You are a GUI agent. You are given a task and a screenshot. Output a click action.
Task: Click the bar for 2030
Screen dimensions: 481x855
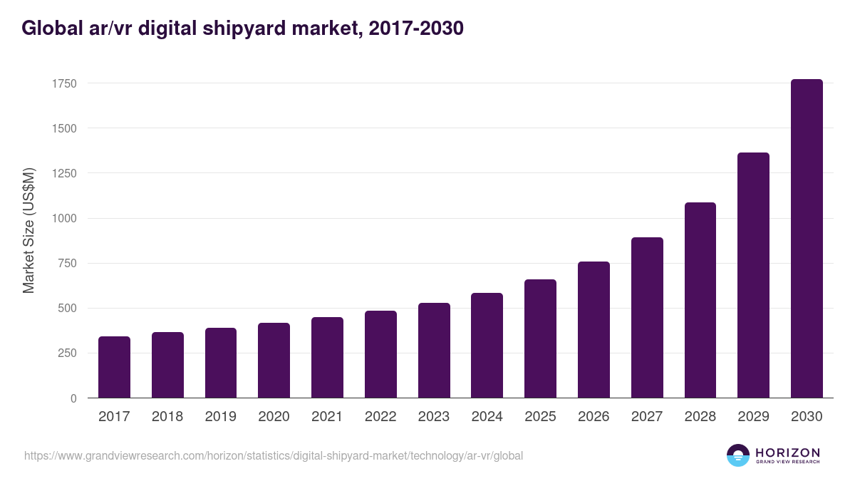pyautogui.click(x=807, y=239)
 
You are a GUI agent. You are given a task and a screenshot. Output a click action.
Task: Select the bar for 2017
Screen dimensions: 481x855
pyautogui.click(x=114, y=367)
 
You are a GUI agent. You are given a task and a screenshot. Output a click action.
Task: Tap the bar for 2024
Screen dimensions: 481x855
pyautogui.click(x=487, y=346)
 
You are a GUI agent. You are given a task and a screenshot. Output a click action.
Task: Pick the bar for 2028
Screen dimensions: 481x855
pyautogui.click(x=700, y=300)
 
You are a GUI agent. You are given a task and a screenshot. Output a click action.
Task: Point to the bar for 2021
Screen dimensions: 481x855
pyautogui.click(x=327, y=358)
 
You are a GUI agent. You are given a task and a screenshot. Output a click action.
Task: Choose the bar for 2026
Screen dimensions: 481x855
pyautogui.click(x=594, y=330)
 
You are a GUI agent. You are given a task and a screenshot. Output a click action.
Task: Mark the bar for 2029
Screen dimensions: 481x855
pyautogui.click(x=753, y=275)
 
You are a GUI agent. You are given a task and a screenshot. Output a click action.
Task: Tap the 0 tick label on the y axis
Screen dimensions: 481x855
pyautogui.click(x=73, y=398)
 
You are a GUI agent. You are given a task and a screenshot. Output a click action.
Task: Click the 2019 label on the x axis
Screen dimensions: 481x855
pyautogui.click(x=220, y=417)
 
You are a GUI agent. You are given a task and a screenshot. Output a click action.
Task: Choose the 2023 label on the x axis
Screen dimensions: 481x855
pyautogui.click(x=434, y=417)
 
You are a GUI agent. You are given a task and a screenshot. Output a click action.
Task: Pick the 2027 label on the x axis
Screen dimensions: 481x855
pyautogui.click(x=647, y=417)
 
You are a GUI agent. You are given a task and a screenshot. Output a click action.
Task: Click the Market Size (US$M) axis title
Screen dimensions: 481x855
pyautogui.click(x=28, y=230)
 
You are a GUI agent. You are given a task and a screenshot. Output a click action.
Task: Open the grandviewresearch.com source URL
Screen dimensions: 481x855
pyautogui.click(x=274, y=455)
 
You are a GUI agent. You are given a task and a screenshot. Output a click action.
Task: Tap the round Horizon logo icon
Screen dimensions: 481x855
pyautogui.click(x=738, y=455)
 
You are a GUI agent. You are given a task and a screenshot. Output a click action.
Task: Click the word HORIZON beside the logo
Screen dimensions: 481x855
pyautogui.click(x=787, y=452)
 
